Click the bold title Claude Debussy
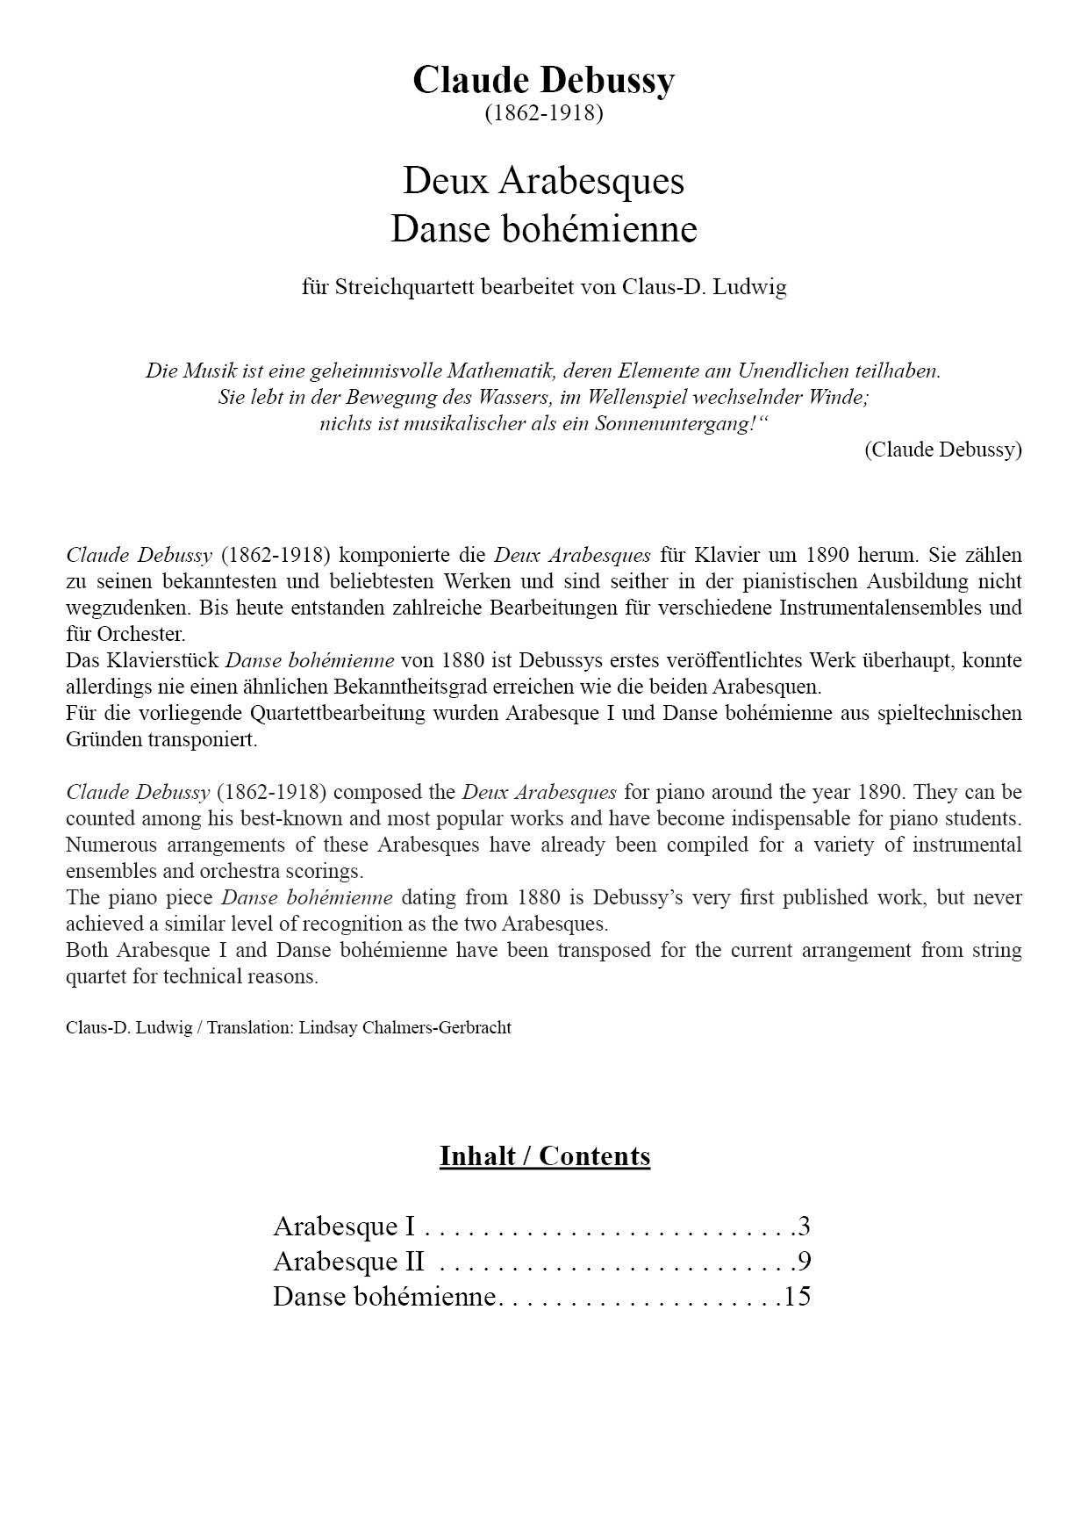pos(543,80)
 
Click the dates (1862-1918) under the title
pos(543,113)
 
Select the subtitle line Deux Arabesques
pos(543,181)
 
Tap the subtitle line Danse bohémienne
pos(543,229)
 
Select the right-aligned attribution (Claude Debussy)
pos(942,450)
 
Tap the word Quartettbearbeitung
pos(338,713)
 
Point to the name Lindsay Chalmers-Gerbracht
pos(404,1027)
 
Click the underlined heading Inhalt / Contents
pos(544,1155)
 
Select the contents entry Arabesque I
pos(344,1226)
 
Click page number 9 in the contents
pos(804,1262)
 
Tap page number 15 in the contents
pos(797,1297)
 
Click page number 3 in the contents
pos(804,1226)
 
